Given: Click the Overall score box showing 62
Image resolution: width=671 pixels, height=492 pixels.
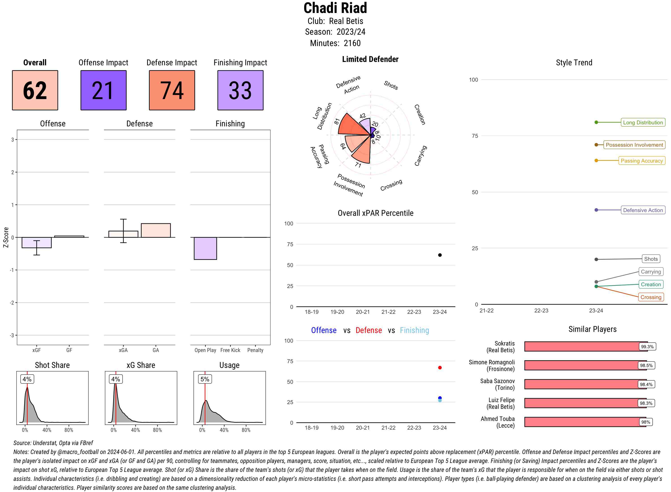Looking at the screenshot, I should click(x=35, y=90).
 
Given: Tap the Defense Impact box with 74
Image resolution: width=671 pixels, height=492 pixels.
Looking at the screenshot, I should click(x=172, y=90).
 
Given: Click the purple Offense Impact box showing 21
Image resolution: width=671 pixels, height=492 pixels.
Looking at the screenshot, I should click(x=103, y=90).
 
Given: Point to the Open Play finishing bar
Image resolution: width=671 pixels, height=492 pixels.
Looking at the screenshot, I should click(x=205, y=248).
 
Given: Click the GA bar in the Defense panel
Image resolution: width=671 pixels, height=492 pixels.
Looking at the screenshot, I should click(x=156, y=231).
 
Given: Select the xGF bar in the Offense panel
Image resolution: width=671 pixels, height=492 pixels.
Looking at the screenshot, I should click(x=37, y=243).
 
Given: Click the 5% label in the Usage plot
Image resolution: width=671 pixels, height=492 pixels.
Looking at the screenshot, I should click(x=205, y=379).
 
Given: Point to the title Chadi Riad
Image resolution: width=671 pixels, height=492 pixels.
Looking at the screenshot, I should click(x=335, y=8).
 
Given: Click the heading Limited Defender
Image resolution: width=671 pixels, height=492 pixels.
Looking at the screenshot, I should click(x=370, y=59).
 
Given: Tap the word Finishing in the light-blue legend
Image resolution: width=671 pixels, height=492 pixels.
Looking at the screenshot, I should click(x=414, y=330).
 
